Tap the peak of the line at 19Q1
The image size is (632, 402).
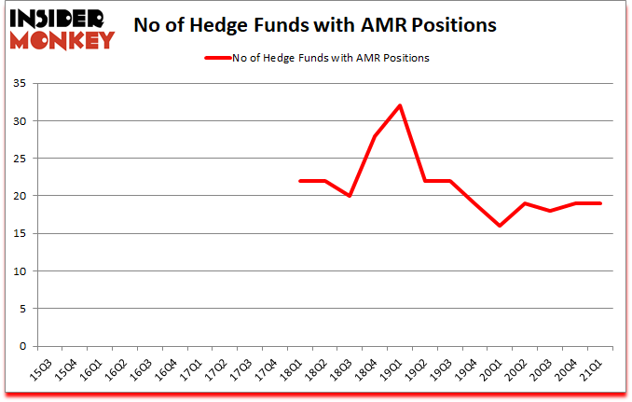(400, 105)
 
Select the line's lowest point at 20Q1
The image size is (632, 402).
(501, 226)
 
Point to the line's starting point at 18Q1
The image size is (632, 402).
(299, 181)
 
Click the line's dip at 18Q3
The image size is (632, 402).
(350, 196)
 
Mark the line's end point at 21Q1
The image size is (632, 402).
(601, 203)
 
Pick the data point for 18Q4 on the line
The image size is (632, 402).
(375, 136)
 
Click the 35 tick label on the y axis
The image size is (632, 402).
(21, 84)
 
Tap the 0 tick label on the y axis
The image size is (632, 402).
(24, 346)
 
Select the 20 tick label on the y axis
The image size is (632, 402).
(21, 196)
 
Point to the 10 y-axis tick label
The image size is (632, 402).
(21, 271)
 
